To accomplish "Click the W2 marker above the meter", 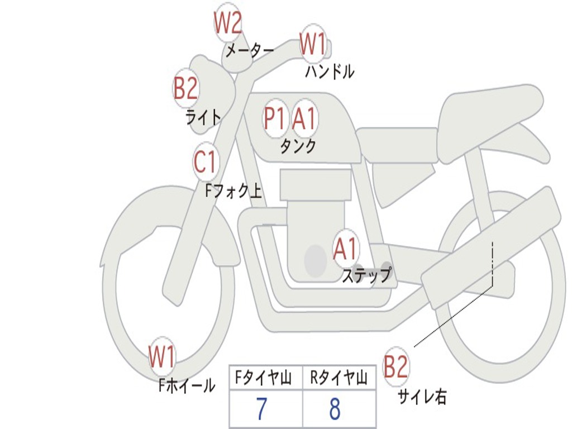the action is (228, 22).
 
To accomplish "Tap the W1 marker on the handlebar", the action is (313, 44).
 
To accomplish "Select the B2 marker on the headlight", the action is (186, 88).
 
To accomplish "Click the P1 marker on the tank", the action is (275, 118).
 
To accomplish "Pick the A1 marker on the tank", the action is (304, 118).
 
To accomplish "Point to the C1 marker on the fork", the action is (206, 161).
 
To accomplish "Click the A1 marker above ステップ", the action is (345, 249).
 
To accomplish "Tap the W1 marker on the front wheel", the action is (161, 357).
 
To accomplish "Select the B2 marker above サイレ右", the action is (396, 366).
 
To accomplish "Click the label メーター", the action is (250, 50).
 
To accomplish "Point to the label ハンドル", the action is (330, 71).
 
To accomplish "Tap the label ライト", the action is (203, 117).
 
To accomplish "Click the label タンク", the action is (298, 146).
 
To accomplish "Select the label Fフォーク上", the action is (233, 191).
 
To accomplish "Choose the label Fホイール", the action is (187, 385).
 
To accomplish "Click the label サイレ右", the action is (422, 397).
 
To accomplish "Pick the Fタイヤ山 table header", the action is (264, 378).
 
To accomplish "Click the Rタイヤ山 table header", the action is (339, 378).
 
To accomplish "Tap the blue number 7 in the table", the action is (262, 408).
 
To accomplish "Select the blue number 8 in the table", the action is (335, 408).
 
